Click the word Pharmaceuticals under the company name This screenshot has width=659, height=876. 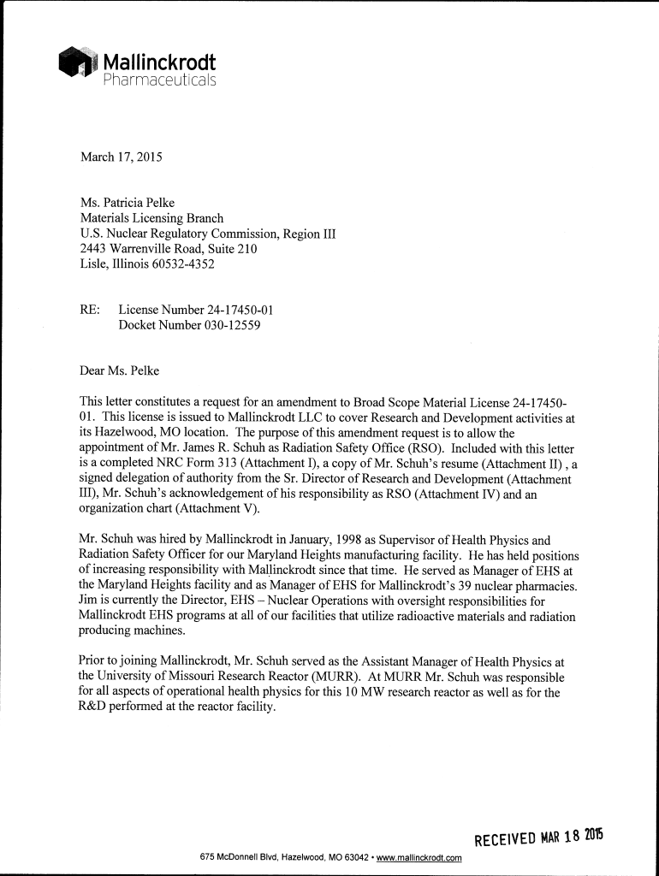[x=160, y=80]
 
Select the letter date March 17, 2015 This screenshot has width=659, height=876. [x=121, y=157]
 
